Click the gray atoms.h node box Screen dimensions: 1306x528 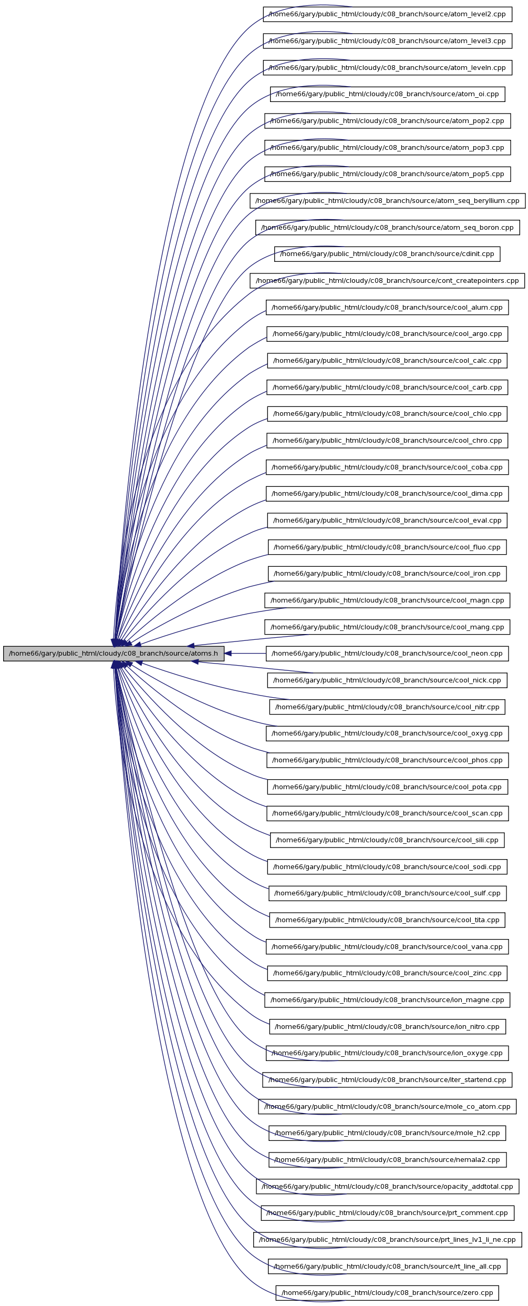113,654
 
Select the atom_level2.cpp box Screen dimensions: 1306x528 387,14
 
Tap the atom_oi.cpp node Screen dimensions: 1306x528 387,94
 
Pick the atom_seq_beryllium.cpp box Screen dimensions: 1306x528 387,201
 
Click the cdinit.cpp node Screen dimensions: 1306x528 387,254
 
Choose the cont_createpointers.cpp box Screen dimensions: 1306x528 387,281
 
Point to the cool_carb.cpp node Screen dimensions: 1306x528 387,387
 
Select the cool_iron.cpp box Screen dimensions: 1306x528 387,574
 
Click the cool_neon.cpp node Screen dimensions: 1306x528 387,654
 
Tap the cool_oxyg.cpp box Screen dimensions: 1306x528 387,733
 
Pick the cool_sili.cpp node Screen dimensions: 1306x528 387,840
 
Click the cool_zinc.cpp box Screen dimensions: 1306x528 387,973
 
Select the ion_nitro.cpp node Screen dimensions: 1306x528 387,1026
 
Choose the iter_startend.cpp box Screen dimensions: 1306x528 387,1080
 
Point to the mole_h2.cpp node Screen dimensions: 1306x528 387,1133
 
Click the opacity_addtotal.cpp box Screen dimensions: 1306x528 387,1186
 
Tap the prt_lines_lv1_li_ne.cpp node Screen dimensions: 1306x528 387,1240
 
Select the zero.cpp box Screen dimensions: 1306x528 387,1293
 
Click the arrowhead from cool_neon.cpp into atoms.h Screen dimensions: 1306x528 229,654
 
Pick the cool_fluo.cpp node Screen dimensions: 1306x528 387,547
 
